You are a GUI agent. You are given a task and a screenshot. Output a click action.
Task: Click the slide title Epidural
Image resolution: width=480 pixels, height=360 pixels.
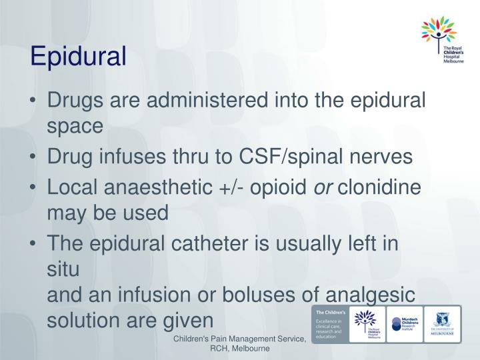tap(78, 57)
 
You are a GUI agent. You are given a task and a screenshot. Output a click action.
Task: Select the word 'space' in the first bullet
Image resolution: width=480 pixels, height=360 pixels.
tap(75, 127)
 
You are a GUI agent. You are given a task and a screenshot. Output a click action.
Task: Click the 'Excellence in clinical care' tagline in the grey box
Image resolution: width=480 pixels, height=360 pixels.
tap(327, 327)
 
